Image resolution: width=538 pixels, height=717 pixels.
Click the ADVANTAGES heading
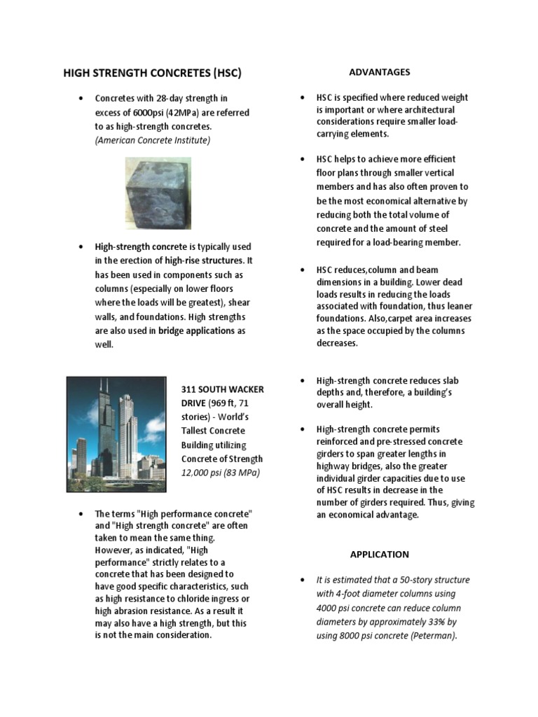coord(379,72)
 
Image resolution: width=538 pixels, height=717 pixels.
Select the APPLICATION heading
coord(379,554)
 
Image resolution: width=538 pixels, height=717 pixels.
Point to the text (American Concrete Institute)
coord(153,140)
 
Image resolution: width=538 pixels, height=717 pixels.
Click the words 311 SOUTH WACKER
coord(223,389)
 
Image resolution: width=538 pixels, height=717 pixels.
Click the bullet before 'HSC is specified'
coord(301,97)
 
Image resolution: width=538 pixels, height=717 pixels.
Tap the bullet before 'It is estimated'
coord(301,580)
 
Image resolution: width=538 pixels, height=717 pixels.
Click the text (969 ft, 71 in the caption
coord(232,403)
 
